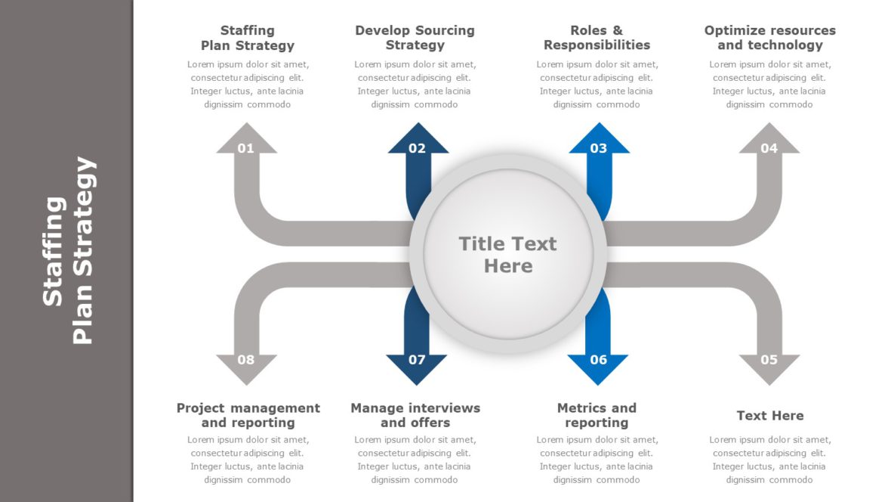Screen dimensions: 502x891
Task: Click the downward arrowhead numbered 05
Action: pos(769,364)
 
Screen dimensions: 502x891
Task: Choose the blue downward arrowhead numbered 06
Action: pos(598,364)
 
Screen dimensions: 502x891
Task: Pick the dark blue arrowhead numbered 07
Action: pos(417,364)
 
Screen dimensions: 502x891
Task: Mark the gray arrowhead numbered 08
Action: pos(246,364)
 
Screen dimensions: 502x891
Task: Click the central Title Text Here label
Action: pos(507,255)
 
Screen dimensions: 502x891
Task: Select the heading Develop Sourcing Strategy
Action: pos(415,38)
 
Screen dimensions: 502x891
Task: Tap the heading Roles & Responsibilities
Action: pos(597,38)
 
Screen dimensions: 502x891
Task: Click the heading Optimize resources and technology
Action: pos(769,38)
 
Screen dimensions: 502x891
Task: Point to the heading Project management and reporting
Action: pos(248,415)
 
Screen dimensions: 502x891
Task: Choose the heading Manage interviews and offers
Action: pos(415,415)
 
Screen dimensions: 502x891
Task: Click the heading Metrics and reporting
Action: pos(597,415)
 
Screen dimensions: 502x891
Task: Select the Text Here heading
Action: pos(769,415)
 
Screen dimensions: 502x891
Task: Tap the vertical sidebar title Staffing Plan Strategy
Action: pos(69,251)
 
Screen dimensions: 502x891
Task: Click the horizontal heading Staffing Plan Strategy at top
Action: pos(248,38)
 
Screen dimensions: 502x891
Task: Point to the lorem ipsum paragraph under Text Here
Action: pos(769,460)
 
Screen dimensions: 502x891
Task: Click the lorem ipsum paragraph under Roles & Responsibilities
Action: pos(597,85)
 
